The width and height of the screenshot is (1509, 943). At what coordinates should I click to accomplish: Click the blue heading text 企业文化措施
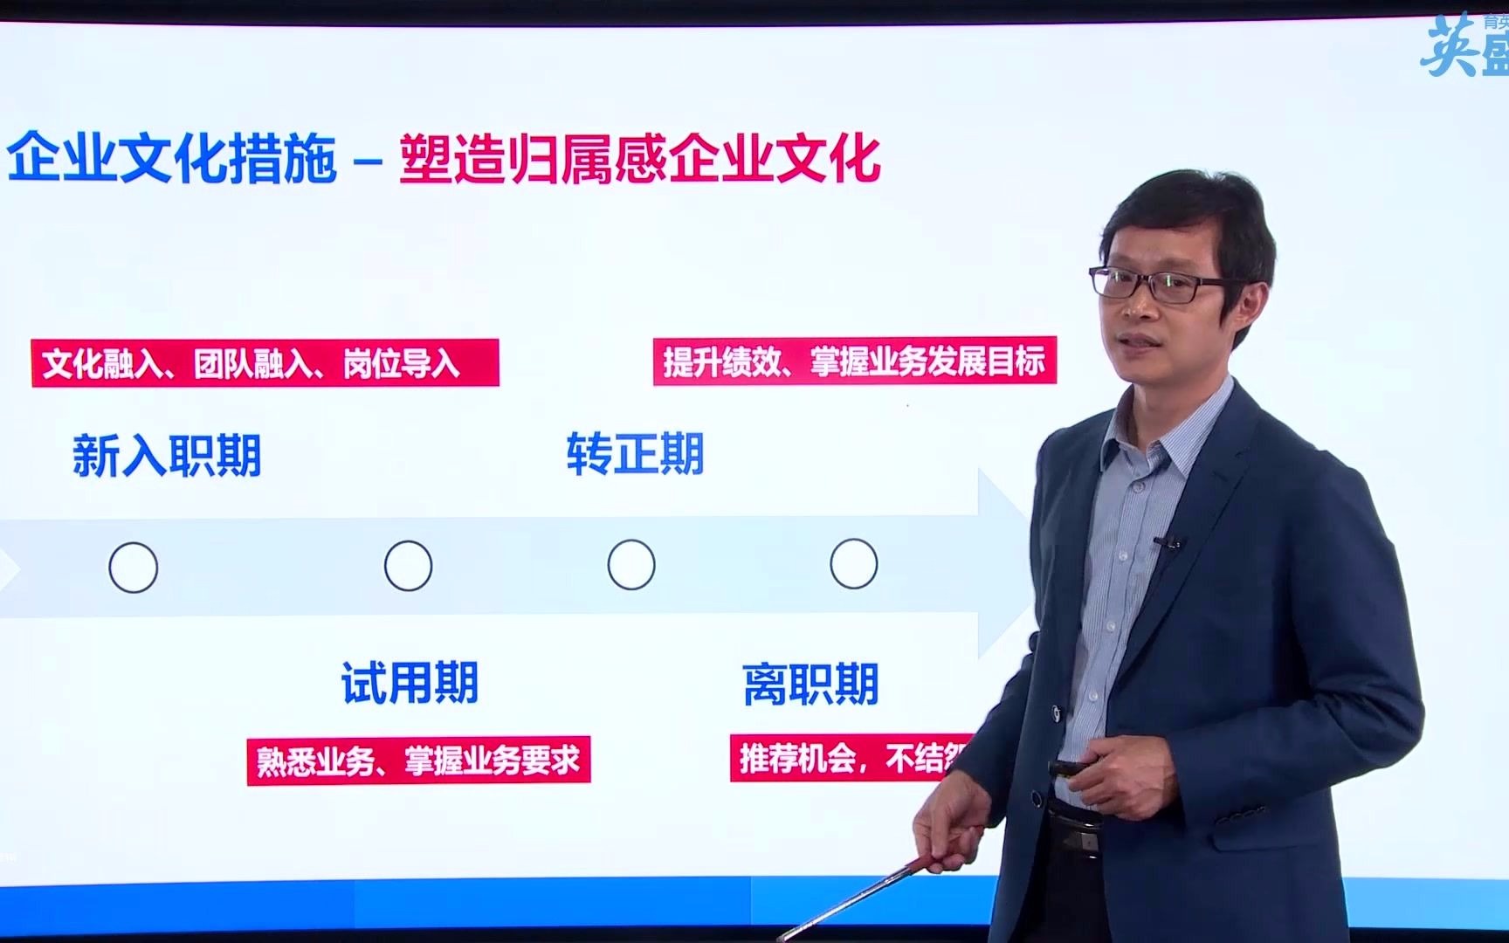coord(172,158)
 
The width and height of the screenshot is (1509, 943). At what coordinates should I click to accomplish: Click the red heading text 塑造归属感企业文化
coord(639,158)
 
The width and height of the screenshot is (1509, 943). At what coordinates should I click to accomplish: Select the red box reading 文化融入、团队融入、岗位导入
coord(265,363)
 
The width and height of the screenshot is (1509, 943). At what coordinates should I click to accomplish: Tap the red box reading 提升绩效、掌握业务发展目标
coord(854,361)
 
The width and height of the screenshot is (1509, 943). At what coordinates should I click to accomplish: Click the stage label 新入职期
coord(167,456)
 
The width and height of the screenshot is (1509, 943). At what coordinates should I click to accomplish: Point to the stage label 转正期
coord(635,454)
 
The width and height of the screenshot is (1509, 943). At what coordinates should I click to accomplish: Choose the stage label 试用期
coord(410,683)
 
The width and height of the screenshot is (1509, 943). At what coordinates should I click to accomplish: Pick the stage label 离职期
coord(810,684)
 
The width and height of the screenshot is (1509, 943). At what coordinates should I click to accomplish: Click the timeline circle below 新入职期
coord(133,568)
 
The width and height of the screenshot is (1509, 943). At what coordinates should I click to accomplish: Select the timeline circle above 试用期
coord(408,566)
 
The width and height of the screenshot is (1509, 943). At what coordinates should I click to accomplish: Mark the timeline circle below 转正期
coord(631,565)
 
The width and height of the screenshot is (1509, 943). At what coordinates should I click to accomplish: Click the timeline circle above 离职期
coord(853,564)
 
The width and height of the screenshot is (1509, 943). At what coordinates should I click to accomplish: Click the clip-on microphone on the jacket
coord(1169,543)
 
